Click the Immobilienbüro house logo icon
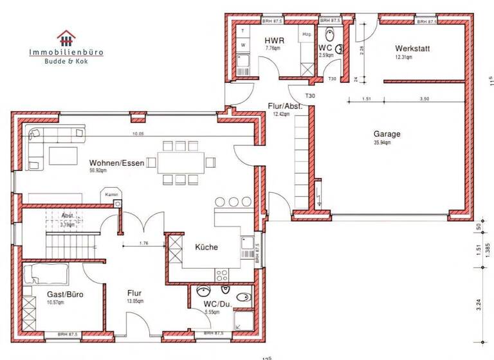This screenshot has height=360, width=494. [x=66, y=38]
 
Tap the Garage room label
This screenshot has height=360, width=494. [x=387, y=134]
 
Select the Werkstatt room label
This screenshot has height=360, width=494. [x=412, y=48]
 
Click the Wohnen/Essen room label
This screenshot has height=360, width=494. [x=116, y=163]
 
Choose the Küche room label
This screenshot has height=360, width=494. [x=206, y=247]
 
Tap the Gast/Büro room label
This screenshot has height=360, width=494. [x=65, y=294]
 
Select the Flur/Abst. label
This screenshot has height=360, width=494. [x=285, y=106]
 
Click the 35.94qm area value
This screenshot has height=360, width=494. [x=382, y=143]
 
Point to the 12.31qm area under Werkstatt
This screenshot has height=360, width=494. [x=404, y=57]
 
